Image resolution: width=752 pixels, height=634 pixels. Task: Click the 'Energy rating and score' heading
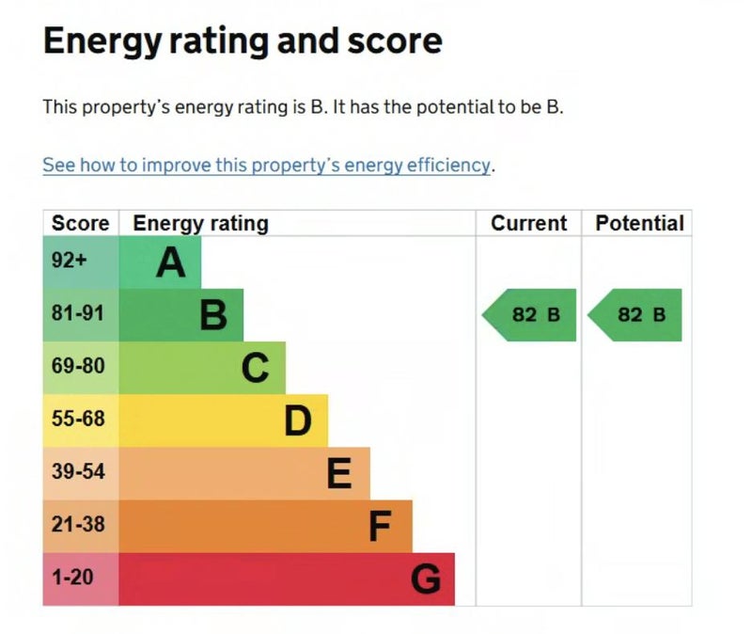tap(242, 41)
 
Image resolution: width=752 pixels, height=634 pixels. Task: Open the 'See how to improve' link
tap(266, 165)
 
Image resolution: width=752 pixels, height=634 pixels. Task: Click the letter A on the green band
tap(170, 262)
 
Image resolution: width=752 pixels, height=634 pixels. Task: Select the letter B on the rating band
tap(213, 315)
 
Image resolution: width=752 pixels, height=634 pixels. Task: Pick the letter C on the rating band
tap(255, 368)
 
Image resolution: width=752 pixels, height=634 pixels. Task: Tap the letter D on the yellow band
tap(297, 420)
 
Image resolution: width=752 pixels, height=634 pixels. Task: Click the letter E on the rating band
tap(339, 473)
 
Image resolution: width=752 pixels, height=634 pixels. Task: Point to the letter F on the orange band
tap(380, 527)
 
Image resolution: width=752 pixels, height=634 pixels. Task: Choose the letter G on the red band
tap(425, 579)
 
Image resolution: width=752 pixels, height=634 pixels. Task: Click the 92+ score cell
tap(69, 262)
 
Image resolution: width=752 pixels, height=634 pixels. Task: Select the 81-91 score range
tap(78, 314)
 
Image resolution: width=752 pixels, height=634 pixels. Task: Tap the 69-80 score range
tap(78, 367)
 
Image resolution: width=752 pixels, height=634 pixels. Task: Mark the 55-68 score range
tap(78, 420)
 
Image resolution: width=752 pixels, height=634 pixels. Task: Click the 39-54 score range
tap(78, 472)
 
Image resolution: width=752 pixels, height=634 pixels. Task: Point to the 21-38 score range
tap(78, 525)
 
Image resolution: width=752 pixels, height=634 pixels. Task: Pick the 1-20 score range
tap(72, 578)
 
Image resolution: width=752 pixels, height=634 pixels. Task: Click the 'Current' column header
tap(529, 223)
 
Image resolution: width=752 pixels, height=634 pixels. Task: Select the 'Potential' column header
tap(639, 223)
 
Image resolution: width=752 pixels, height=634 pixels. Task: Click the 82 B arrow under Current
tap(531, 314)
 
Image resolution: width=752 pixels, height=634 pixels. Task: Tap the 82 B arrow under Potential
tap(637, 314)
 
